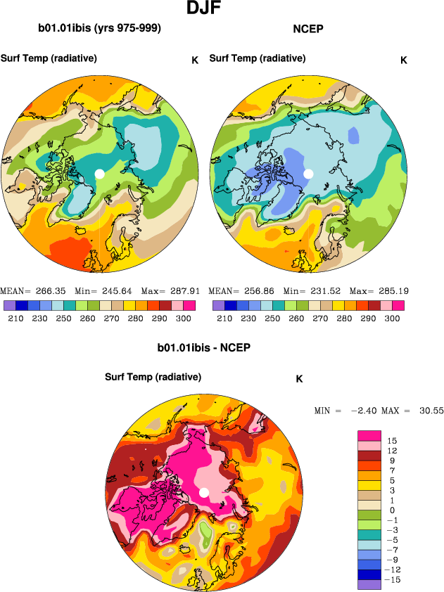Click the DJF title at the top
(206, 9)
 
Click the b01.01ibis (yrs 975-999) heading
(99, 29)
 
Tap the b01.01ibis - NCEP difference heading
(204, 347)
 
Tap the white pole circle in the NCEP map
(307, 174)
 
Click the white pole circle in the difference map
(204, 492)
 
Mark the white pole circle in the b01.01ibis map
(99, 174)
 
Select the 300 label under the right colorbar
(393, 318)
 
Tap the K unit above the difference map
(299, 379)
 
